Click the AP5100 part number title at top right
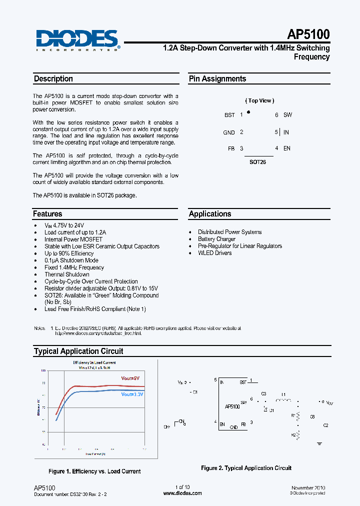point(308,34)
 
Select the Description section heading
point(53,79)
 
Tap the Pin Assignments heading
point(217,79)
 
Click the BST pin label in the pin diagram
point(229,115)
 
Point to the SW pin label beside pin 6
point(287,115)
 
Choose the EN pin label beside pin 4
point(286,148)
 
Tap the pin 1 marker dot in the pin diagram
point(248,112)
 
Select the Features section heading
point(48,214)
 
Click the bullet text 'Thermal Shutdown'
point(67,274)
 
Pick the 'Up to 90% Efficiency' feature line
point(69,253)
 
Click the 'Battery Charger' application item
point(216,239)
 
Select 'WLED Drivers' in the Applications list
point(214,253)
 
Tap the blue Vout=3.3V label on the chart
point(132,394)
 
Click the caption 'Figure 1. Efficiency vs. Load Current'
point(94,471)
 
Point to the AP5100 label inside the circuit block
point(232,407)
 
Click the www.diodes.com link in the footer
point(182,493)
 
